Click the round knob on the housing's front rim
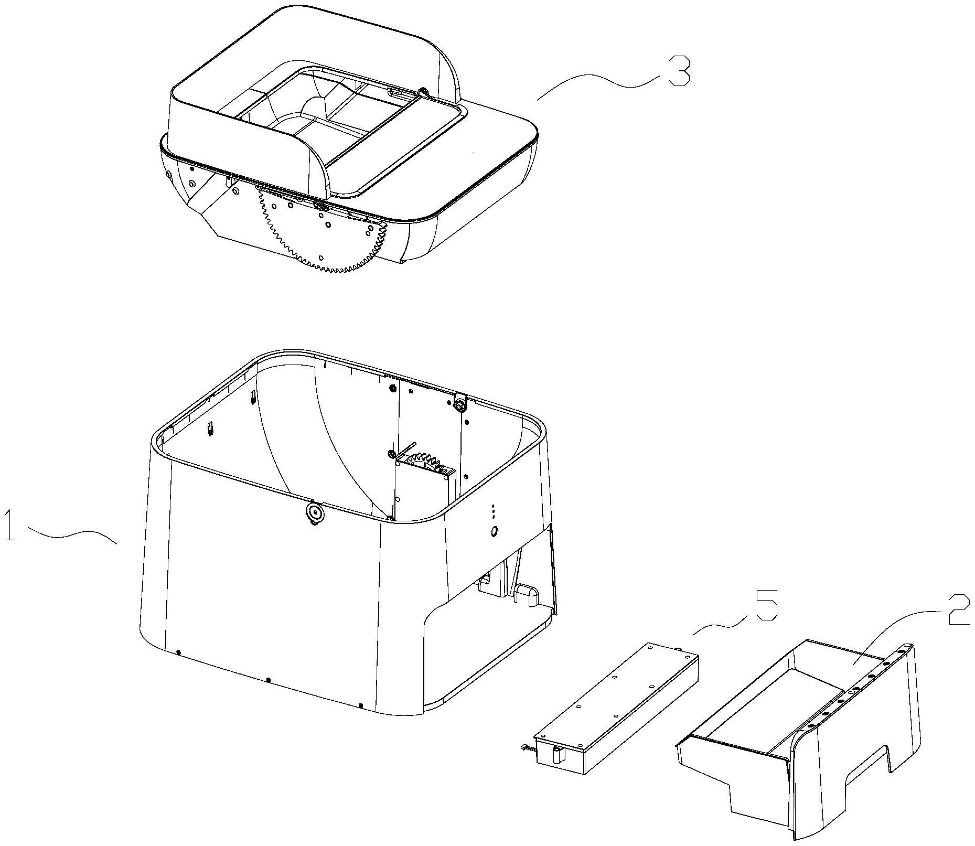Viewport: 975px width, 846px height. pos(314,512)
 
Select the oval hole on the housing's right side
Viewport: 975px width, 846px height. pos(493,532)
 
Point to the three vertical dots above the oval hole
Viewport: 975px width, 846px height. pos(492,512)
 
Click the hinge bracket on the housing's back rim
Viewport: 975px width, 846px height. pos(460,403)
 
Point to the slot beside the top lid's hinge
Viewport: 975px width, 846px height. pos(402,93)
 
